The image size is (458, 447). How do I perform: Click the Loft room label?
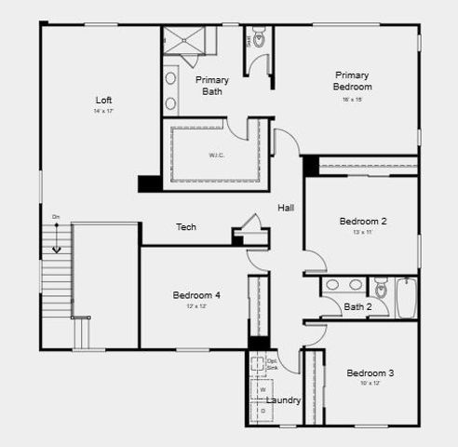(104, 100)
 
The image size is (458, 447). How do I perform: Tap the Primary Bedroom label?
(353, 81)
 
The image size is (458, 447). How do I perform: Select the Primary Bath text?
(212, 86)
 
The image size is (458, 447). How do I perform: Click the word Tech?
(186, 227)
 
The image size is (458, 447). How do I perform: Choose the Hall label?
(286, 208)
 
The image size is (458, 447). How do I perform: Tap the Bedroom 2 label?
(363, 222)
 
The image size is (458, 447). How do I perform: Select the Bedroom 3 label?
(370, 373)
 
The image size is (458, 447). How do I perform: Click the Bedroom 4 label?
(196, 295)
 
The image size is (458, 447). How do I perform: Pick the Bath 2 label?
(357, 306)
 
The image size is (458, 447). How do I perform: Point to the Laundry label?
(283, 400)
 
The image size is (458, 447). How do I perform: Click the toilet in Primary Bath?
(258, 40)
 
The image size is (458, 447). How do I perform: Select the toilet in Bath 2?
(380, 287)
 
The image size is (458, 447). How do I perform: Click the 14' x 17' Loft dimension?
(102, 112)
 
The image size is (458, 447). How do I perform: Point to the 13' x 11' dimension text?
(363, 233)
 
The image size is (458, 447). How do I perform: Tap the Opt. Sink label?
(272, 364)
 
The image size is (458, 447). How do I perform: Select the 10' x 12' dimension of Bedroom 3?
(370, 384)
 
